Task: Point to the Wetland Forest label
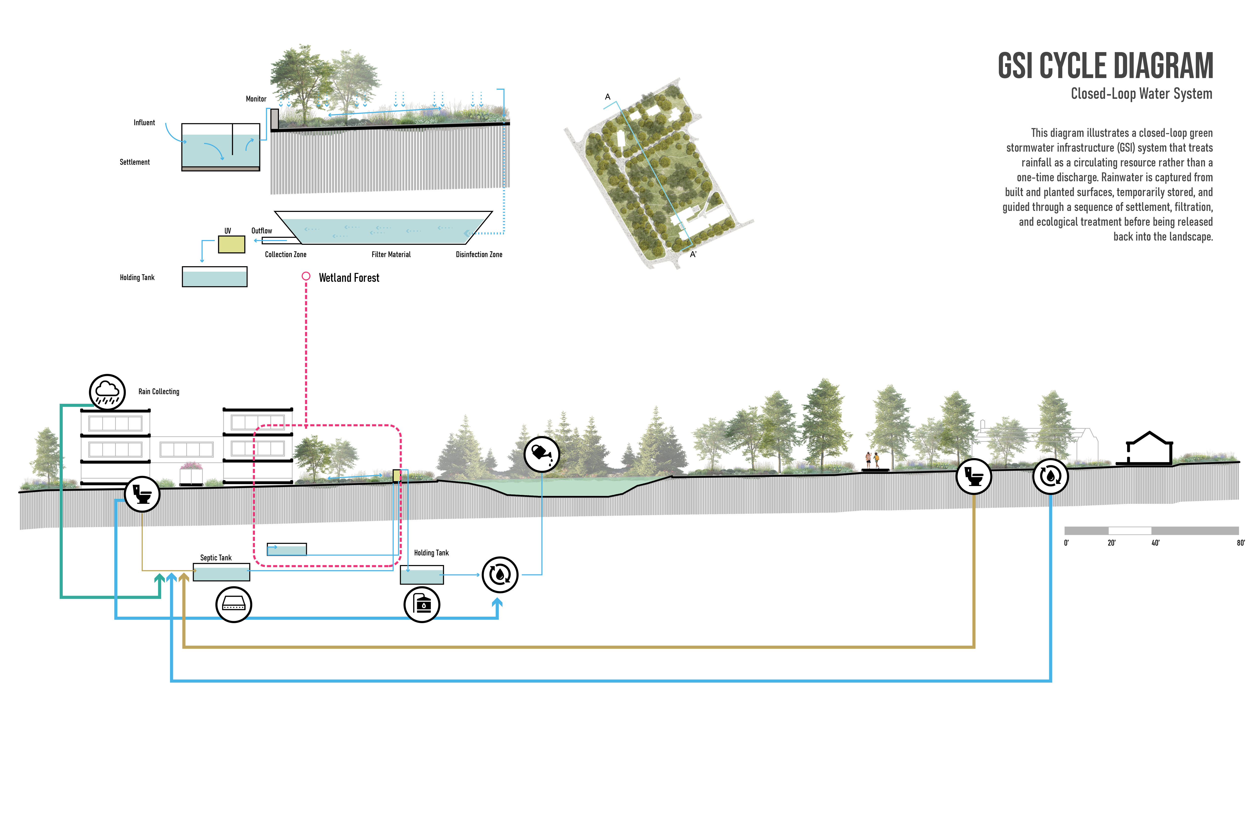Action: [x=349, y=278]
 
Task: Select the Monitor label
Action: [x=256, y=99]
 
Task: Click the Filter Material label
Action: [x=391, y=255]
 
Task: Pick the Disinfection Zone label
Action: [x=479, y=255]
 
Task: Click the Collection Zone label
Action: [x=285, y=255]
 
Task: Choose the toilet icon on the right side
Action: [x=974, y=476]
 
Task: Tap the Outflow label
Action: [x=262, y=231]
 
